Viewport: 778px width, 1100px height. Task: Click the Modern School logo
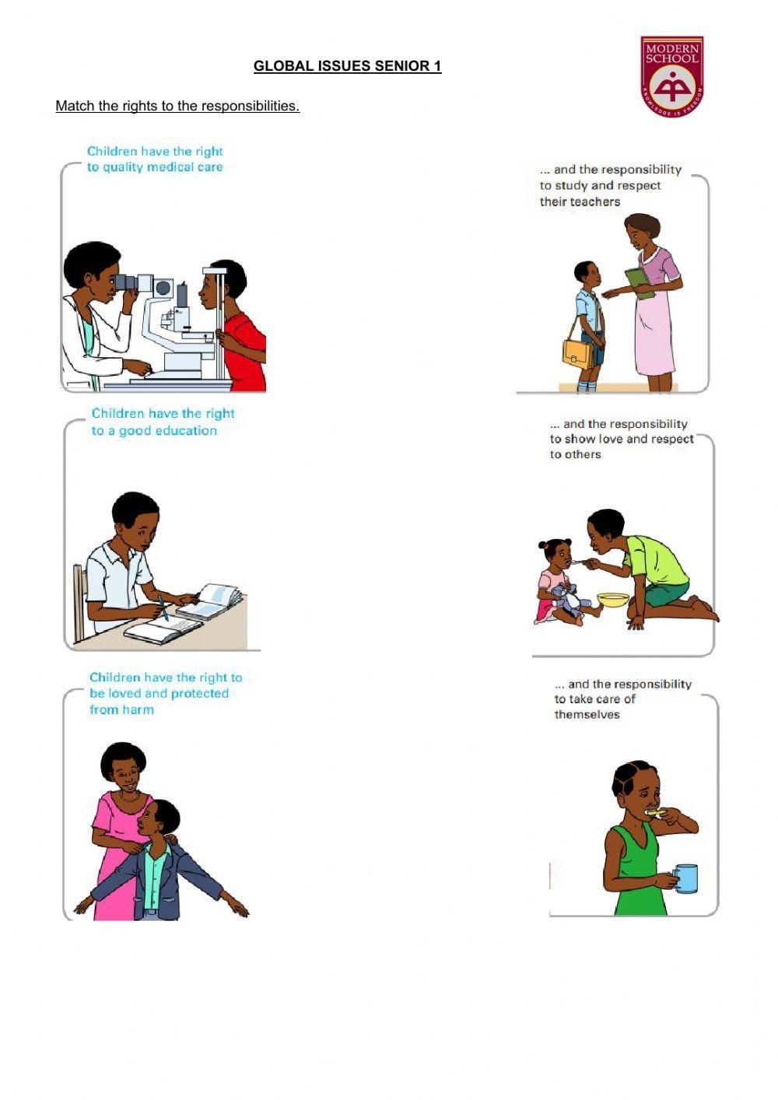click(671, 76)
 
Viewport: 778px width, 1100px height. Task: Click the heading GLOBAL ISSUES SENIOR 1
click(347, 66)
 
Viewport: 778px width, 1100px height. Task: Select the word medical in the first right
click(170, 167)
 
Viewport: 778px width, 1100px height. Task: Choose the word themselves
click(587, 714)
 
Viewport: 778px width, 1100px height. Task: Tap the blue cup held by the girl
click(685, 878)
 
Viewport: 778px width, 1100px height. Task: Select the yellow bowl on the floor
click(613, 600)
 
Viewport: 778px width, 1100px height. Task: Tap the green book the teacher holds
click(640, 283)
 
